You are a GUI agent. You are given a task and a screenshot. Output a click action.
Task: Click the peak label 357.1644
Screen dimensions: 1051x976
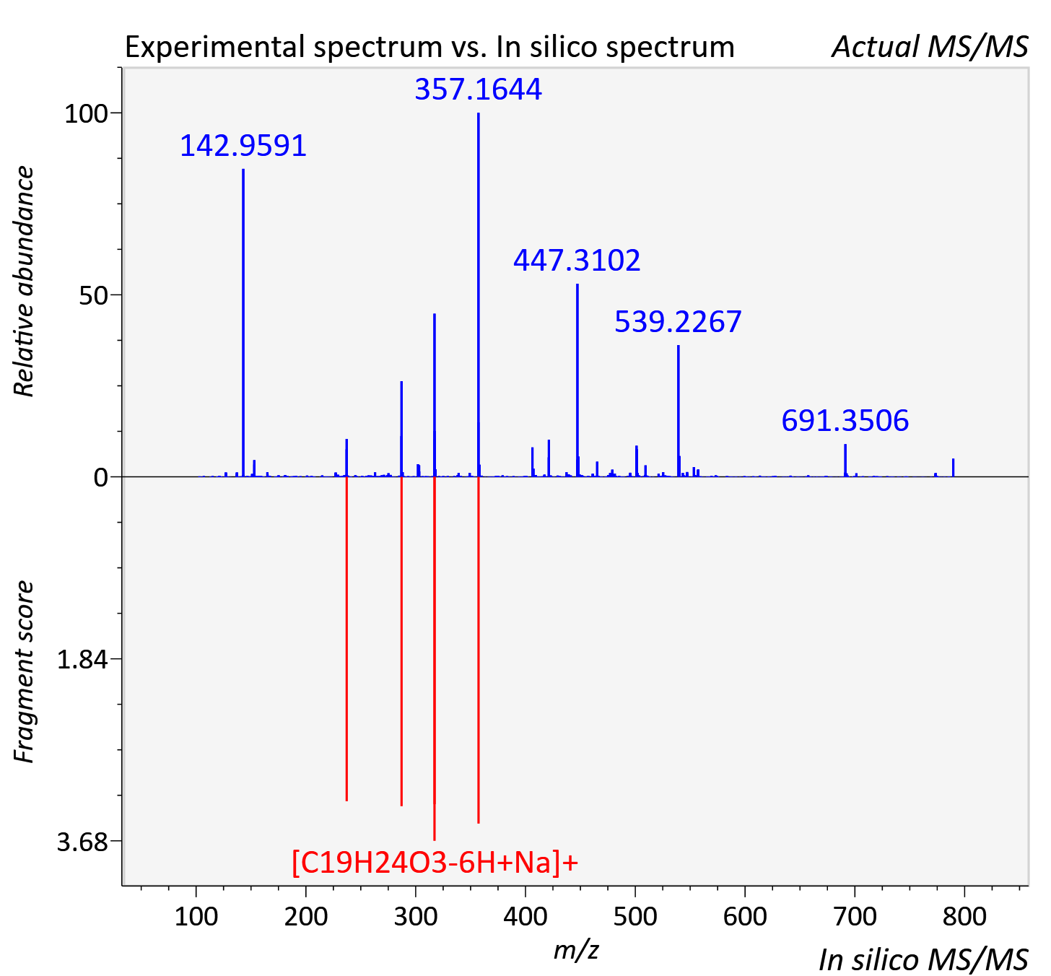coord(478,89)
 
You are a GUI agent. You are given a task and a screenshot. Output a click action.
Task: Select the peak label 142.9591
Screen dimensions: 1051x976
coord(243,146)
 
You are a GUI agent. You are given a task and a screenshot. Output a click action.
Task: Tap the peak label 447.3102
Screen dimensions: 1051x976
coord(577,261)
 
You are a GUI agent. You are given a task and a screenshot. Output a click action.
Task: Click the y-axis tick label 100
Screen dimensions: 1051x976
coord(86,113)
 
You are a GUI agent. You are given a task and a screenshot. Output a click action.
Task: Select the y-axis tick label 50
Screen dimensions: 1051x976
coord(93,295)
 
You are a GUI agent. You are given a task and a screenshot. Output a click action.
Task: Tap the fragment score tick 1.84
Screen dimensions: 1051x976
coord(82,660)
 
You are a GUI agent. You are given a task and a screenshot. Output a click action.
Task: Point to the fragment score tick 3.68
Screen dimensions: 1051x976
coord(82,842)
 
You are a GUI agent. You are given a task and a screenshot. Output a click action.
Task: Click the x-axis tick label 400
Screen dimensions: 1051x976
coord(525,916)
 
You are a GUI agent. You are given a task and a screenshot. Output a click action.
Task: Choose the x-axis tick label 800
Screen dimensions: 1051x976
coord(964,916)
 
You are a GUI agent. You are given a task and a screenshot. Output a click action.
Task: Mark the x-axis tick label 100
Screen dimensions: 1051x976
coord(196,916)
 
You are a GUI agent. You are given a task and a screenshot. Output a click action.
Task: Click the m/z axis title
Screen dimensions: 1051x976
coord(576,949)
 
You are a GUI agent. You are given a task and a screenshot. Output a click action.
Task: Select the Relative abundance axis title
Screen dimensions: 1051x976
coord(24,281)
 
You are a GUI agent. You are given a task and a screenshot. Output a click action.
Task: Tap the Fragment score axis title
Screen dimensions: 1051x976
coord(24,671)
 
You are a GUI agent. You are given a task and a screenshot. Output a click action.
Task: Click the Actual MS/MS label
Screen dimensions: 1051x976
coord(930,47)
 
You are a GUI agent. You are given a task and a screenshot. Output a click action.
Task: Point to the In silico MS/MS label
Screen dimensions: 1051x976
coord(923,959)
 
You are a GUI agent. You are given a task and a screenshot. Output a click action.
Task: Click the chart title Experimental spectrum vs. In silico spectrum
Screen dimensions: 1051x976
coord(429,47)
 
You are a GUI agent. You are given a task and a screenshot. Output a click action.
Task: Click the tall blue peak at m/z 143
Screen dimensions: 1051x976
coord(243,323)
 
